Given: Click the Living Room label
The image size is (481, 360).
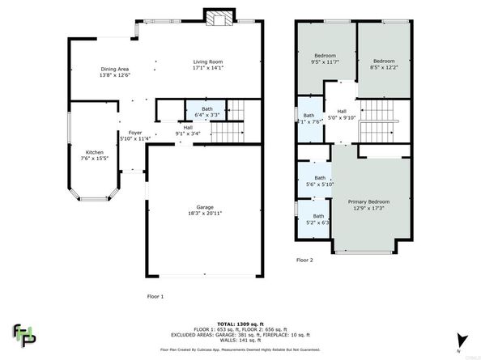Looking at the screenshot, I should pos(207,62).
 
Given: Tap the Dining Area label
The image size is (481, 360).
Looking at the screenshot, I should pos(114,69).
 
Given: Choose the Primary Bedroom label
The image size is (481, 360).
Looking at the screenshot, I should pos(368,201).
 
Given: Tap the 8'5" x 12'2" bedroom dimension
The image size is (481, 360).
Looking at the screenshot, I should pos(384,66).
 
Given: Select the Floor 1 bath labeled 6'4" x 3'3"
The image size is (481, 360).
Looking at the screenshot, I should pos(207,114).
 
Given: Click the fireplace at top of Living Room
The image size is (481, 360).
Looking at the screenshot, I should pos(216,18).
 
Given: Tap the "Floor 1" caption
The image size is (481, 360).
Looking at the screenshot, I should pos(155,296).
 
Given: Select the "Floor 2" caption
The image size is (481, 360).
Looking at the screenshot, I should pos(304,260).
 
